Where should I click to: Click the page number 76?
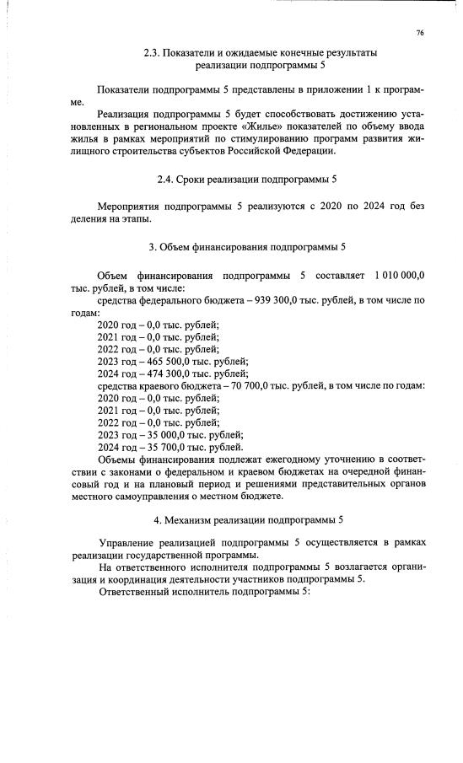point(419,33)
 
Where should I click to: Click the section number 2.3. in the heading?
point(152,53)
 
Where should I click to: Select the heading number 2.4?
point(165,180)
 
